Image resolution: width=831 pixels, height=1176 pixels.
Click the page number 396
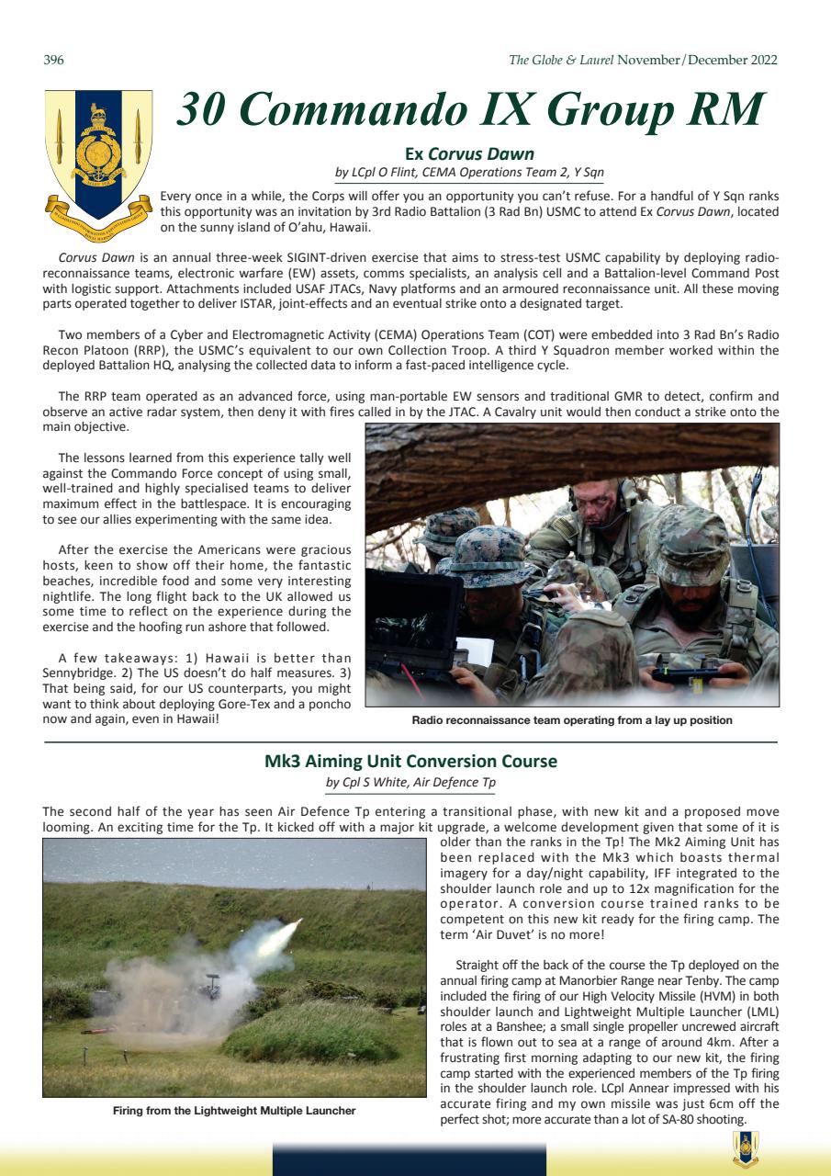53,61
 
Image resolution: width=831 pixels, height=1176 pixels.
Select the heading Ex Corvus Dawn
469,153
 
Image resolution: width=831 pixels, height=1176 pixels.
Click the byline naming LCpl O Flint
469,172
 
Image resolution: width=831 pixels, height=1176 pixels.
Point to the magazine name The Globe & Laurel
561,61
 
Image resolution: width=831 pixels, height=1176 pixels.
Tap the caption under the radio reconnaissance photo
572,720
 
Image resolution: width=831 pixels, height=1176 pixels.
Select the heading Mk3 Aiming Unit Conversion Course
410,762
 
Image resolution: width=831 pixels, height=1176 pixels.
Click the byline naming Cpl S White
410,782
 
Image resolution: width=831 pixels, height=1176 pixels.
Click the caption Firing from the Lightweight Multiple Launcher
234,1111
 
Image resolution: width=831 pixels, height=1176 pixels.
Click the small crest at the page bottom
745,1148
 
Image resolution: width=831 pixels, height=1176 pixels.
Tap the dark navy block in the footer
409,1159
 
